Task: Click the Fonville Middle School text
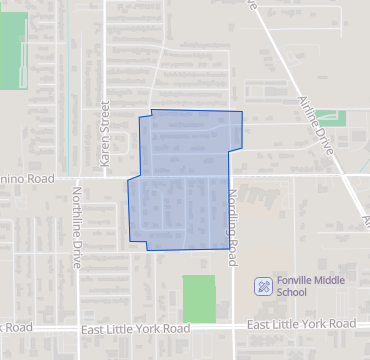(304, 286)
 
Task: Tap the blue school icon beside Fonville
(262, 286)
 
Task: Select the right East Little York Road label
(301, 325)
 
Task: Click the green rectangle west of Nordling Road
(198, 298)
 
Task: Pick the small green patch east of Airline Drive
(334, 119)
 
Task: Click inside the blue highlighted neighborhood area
(185, 180)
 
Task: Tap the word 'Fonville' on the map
(298, 280)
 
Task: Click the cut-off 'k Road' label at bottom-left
(17, 327)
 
